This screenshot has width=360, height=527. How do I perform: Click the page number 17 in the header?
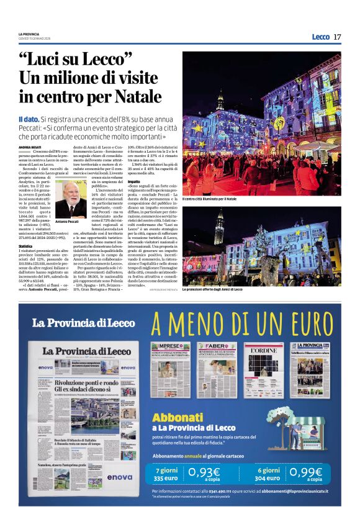click(337, 37)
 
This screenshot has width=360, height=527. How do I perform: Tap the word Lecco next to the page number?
click(320, 37)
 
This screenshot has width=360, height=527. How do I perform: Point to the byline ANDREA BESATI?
click(31, 147)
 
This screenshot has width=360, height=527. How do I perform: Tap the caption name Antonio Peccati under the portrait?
click(68, 222)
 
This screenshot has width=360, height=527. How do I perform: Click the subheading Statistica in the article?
click(25, 246)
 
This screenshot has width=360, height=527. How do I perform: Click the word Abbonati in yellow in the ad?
click(178, 417)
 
